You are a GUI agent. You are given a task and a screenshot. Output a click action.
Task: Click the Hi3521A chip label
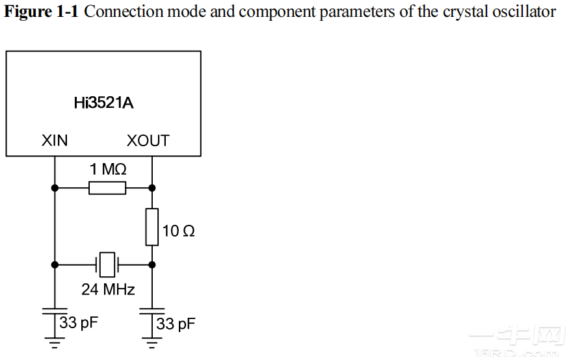(104, 103)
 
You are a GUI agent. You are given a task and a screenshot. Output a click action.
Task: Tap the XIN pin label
(55, 140)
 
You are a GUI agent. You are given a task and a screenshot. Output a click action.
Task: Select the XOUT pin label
(148, 140)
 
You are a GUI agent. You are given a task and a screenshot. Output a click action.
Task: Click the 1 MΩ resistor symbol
(107, 188)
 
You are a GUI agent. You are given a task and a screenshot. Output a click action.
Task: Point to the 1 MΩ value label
(108, 170)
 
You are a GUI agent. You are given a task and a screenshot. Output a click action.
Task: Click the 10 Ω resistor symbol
(152, 227)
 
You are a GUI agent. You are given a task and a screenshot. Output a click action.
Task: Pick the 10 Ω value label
(179, 231)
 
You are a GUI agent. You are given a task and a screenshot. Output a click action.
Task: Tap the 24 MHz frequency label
(108, 289)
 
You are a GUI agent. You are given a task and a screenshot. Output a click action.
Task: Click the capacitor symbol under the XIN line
(55, 311)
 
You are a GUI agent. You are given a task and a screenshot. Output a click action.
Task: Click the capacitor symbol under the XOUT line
(152, 311)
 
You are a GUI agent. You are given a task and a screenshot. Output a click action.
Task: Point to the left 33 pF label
(79, 322)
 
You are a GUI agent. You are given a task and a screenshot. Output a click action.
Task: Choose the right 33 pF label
(176, 324)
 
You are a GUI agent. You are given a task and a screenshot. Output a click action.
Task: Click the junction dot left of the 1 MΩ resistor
(55, 188)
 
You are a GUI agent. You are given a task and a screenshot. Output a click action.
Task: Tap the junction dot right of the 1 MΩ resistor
(152, 188)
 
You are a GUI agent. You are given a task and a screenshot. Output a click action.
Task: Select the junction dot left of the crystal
(55, 264)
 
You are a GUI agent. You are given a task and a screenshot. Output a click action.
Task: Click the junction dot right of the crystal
(152, 264)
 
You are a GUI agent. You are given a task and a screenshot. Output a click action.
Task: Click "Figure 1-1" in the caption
(42, 12)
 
